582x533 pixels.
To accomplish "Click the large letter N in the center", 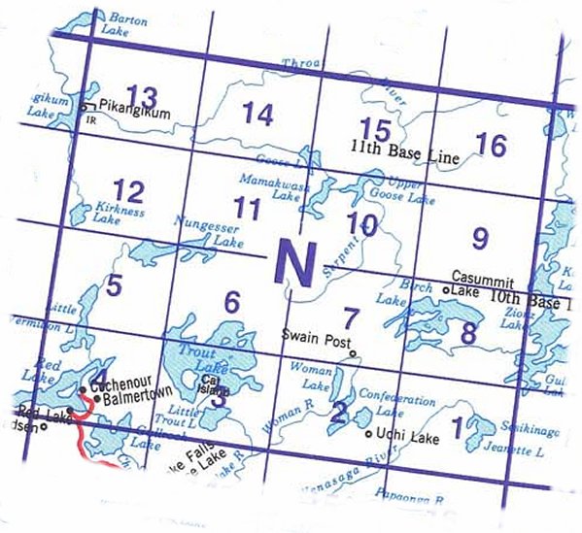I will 294,260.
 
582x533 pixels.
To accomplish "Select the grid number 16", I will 492,146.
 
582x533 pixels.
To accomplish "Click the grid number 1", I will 459,423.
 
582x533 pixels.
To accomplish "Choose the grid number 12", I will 128,189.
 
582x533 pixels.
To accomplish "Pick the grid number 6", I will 231,302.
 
